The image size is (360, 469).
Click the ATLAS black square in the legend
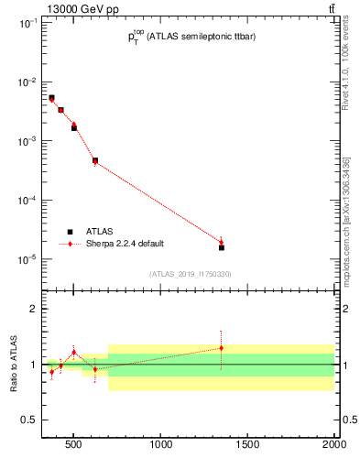[x=69, y=232]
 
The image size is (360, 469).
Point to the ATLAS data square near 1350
[x=222, y=247]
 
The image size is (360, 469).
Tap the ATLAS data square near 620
[x=95, y=160]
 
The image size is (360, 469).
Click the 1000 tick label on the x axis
[x=162, y=446]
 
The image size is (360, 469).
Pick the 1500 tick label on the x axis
[x=248, y=446]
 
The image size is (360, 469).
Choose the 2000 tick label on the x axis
[x=333, y=446]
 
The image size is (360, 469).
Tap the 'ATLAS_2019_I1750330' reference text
[x=191, y=274]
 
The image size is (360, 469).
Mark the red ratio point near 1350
[x=222, y=348]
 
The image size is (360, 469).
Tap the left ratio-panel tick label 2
[x=32, y=309]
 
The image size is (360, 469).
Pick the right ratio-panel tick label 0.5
[x=348, y=420]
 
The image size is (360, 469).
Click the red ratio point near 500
[x=74, y=352]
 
